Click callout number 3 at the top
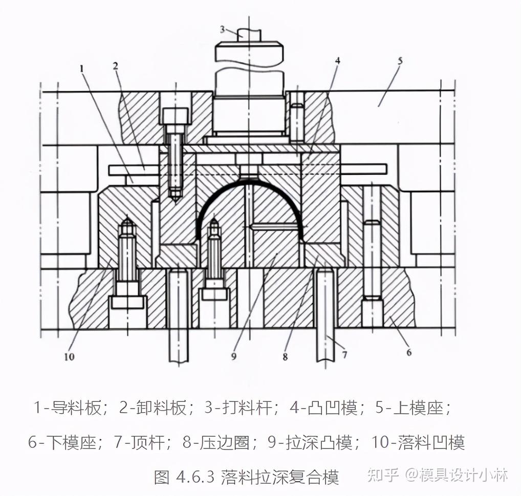coord(223,29)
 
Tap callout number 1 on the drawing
coord(81,67)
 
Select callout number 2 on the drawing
coord(116,65)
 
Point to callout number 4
coord(337,61)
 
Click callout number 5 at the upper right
coord(400,60)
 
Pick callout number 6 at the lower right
coord(408,352)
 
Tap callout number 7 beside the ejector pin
coord(344,354)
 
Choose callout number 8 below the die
coord(285,356)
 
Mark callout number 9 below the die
coord(233,356)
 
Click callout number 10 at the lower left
coord(69,356)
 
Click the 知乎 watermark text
coord(383,475)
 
